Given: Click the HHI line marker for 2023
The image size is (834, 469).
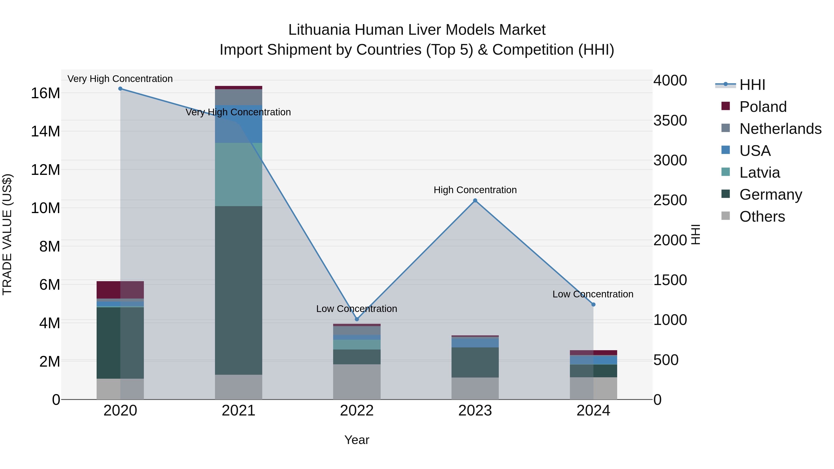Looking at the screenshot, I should click(x=475, y=200).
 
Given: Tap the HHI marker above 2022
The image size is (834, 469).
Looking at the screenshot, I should click(x=357, y=319).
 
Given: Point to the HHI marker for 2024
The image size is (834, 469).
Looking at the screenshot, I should click(x=593, y=305).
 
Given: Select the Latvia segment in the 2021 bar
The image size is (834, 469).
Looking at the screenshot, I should click(x=239, y=174).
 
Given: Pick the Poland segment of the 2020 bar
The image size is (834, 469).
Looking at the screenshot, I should click(x=120, y=290).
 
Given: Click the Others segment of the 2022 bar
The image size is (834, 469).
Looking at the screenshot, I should click(x=357, y=382).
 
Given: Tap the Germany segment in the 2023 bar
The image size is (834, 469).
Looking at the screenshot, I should click(x=475, y=362).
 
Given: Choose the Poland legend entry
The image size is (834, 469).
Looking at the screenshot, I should click(x=763, y=107).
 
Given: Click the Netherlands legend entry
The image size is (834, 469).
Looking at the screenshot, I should click(x=780, y=129).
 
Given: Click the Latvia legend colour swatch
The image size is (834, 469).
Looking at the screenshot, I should click(x=726, y=172).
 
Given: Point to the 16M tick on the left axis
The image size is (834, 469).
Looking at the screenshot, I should click(x=46, y=93).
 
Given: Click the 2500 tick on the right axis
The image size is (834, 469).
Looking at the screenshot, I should click(x=670, y=200).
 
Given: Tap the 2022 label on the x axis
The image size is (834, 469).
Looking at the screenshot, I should click(x=357, y=411).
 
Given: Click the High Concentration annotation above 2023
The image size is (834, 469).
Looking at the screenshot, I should click(x=475, y=190).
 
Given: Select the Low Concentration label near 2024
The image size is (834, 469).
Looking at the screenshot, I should click(x=593, y=294).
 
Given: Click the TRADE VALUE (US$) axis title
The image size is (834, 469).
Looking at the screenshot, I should click(x=7, y=234).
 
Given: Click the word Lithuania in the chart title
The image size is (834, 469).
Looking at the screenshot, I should click(x=319, y=30).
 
